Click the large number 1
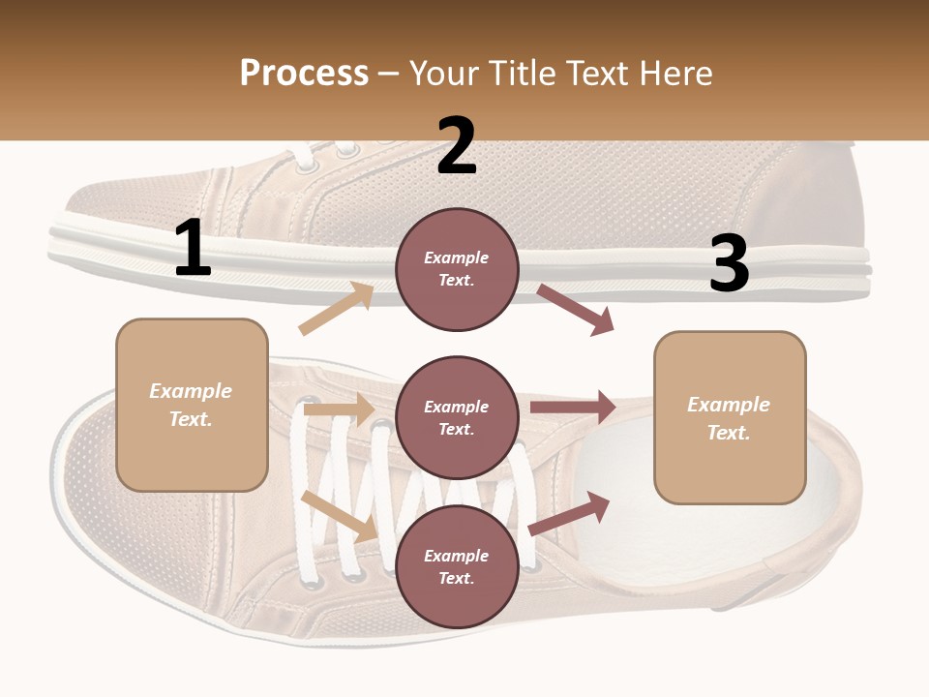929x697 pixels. pos(193,249)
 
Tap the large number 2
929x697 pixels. pos(456,146)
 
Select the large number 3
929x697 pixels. pos(729,263)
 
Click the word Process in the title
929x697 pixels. pos(304,74)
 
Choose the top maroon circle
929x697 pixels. pos(457,269)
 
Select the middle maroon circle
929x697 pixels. pos(457,417)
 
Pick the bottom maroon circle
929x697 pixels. pos(457,566)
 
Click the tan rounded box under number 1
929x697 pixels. pos(192,405)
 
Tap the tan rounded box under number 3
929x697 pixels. pos(730,418)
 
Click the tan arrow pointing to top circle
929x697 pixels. pos(337,309)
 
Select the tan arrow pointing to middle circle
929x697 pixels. pos(338,409)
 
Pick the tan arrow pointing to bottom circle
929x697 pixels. pos(340,516)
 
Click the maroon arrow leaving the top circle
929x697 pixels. pos(576,310)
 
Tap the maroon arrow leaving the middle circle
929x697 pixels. pos(572,408)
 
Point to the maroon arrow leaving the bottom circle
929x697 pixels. pos(569,514)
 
